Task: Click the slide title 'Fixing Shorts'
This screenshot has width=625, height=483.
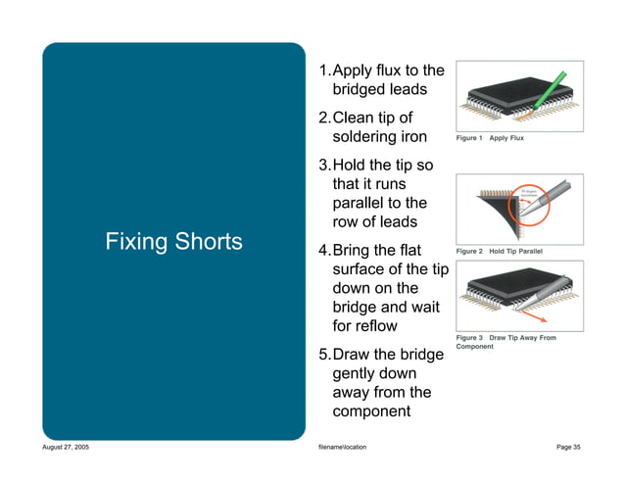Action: pos(174,241)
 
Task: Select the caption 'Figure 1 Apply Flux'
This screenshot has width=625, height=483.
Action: pos(490,138)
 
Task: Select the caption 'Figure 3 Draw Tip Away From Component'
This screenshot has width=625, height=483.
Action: pos(505,342)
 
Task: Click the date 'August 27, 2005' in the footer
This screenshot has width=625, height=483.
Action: pos(67,447)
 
